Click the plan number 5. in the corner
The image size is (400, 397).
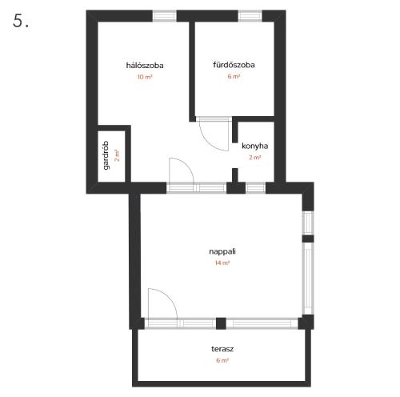[x=21, y=21]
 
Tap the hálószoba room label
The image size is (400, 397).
[x=145, y=66]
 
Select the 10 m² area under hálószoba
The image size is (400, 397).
[x=145, y=77]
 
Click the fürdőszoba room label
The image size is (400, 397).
[x=234, y=65]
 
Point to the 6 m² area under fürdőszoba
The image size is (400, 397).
[x=234, y=76]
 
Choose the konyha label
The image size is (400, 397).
[x=255, y=146]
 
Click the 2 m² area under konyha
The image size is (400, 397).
[x=255, y=158]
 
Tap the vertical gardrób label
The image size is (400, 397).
[x=106, y=155]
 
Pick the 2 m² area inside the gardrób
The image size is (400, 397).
[x=117, y=155]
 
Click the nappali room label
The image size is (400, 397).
[x=222, y=251]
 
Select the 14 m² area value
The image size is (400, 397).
[x=222, y=263]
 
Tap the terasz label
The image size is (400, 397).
[x=222, y=349]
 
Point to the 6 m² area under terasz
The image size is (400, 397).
[x=222, y=360]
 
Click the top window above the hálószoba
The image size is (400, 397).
[x=165, y=16]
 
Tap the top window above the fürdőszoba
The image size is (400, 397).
[x=250, y=16]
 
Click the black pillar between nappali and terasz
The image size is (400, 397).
[x=221, y=323]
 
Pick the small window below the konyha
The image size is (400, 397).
[x=255, y=188]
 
